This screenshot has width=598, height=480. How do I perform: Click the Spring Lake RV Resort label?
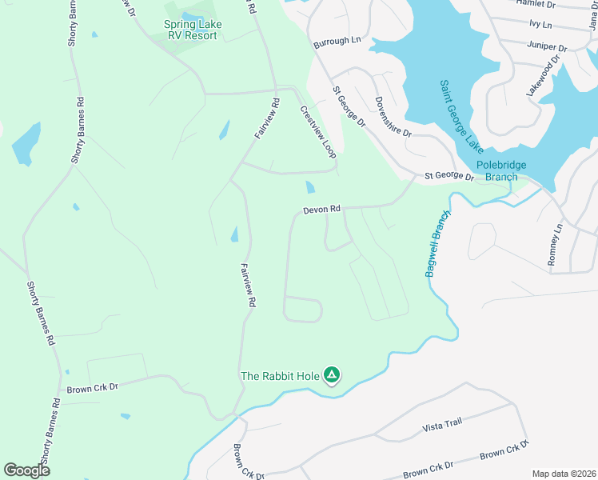(x=193, y=30)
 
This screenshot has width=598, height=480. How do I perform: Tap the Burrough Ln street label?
(x=337, y=41)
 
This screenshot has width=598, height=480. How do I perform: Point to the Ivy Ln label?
(x=540, y=25)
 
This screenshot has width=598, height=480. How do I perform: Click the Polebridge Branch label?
(x=501, y=171)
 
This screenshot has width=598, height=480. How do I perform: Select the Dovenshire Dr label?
(x=393, y=117)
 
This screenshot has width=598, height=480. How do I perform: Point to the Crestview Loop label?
(x=317, y=132)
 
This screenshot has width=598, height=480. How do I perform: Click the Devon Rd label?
(x=321, y=210)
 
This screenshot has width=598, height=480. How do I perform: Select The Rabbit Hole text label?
(x=279, y=376)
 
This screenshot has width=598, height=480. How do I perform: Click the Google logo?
(x=26, y=470)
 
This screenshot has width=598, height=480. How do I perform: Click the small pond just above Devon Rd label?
(x=309, y=187)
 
